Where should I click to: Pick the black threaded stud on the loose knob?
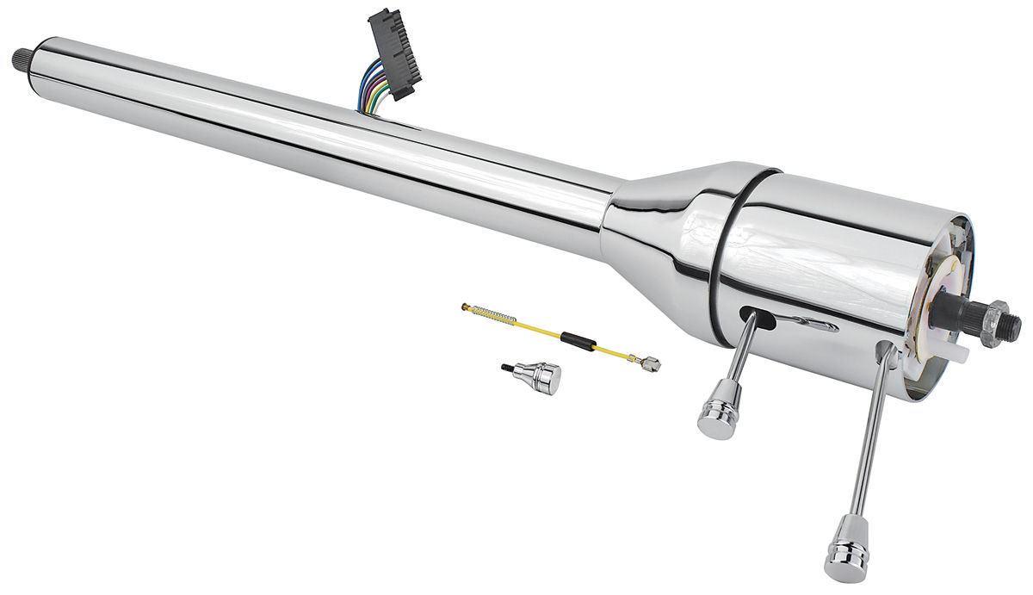pyautogui.click(x=507, y=369)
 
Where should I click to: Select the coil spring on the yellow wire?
pyautogui.click(x=496, y=314)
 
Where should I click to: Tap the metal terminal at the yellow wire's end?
pyautogui.click(x=649, y=363)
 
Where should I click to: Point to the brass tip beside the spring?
pyautogui.click(x=467, y=307)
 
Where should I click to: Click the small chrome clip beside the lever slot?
pyautogui.click(x=811, y=325)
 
